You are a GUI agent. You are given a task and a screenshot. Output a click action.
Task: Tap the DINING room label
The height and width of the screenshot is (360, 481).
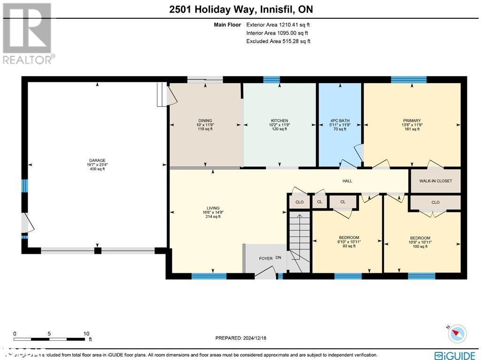(x=205, y=121)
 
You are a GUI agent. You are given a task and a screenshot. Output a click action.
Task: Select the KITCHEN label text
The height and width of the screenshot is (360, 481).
(x=279, y=121)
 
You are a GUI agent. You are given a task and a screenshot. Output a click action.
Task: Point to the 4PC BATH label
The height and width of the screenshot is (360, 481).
(x=340, y=121)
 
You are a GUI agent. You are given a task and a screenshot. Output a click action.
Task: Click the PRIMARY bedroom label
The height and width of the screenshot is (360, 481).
(x=411, y=121)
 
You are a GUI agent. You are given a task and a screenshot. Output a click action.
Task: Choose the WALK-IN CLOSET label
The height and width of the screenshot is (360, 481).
(x=435, y=181)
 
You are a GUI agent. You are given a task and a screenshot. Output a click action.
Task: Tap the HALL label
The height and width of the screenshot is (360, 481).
(x=347, y=181)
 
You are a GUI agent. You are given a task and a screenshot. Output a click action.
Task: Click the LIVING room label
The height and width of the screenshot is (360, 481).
(x=213, y=208)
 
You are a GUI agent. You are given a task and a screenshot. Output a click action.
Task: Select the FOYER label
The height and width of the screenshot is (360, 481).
(x=266, y=258)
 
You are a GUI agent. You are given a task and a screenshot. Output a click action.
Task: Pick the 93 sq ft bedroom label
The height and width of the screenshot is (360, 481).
(x=349, y=237)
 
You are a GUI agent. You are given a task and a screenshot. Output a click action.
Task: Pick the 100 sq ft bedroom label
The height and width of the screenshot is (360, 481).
(x=419, y=238)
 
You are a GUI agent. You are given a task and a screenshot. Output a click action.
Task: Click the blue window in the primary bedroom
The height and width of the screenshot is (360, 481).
(x=409, y=79)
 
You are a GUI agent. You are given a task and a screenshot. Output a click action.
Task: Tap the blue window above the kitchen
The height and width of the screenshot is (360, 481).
(x=272, y=79)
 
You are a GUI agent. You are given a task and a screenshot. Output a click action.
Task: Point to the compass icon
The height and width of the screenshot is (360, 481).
(x=457, y=333)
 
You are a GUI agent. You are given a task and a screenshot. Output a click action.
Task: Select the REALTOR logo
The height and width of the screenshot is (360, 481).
(x=28, y=33)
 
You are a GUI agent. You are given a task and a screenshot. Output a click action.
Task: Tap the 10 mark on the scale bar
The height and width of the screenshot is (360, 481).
(x=86, y=334)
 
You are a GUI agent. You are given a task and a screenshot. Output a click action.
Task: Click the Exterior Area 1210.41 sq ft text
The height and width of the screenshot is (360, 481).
(x=278, y=24)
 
